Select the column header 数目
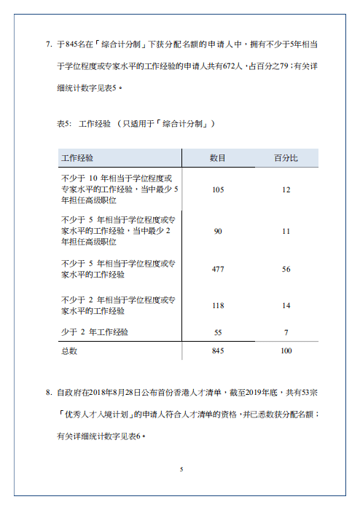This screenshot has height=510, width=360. tap(217, 157)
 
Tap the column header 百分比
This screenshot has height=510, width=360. tap(286, 157)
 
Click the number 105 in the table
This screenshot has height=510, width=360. tap(218, 189)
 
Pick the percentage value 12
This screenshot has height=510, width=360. tap(286, 189)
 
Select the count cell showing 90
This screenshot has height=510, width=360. tap(218, 231)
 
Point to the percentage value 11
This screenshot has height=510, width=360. tap(286, 231)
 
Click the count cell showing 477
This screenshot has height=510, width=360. tap(218, 270)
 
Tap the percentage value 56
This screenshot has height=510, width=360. tap(286, 270)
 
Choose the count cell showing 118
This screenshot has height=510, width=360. tap(218, 305)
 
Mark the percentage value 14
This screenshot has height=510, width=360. tap(286, 305)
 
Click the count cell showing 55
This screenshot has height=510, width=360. tap(218, 332)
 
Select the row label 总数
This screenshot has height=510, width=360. tap(69, 351)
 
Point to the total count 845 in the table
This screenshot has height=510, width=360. tap(218, 351)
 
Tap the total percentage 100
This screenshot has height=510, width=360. tap(286, 351)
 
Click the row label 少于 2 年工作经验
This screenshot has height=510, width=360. tap(95, 332)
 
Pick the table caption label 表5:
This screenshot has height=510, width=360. tap(63, 124)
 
